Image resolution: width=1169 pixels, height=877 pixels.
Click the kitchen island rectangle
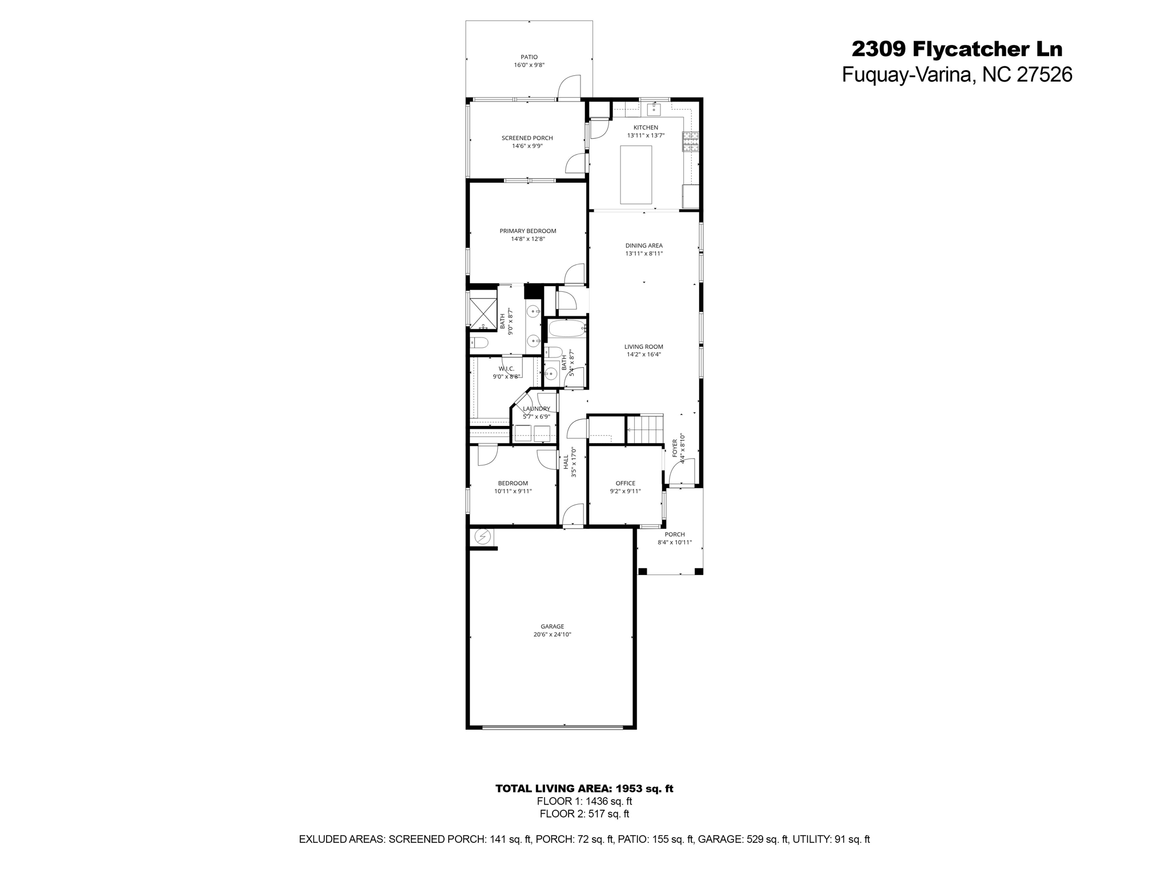(x=636, y=174)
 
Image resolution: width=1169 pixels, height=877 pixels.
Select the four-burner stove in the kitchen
(x=690, y=142)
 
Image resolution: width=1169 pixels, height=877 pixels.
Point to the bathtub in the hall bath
(x=567, y=329)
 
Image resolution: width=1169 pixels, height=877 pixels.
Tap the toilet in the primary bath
(x=479, y=343)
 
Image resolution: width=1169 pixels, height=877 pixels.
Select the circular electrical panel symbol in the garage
(x=483, y=537)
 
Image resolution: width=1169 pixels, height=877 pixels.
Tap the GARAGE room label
(x=552, y=626)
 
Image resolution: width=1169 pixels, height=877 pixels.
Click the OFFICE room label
(x=625, y=483)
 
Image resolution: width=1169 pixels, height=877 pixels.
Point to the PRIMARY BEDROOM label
(x=527, y=231)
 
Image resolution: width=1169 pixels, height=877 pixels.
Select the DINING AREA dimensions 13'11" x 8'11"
(x=644, y=254)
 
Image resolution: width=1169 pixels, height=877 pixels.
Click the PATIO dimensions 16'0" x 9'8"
(x=529, y=65)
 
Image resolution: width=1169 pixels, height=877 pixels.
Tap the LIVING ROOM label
(x=643, y=347)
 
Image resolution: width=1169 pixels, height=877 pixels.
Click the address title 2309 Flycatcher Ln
(x=957, y=49)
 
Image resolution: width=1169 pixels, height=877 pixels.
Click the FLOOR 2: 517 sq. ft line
(x=584, y=814)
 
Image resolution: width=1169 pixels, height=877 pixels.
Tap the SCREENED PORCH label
(x=527, y=138)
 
